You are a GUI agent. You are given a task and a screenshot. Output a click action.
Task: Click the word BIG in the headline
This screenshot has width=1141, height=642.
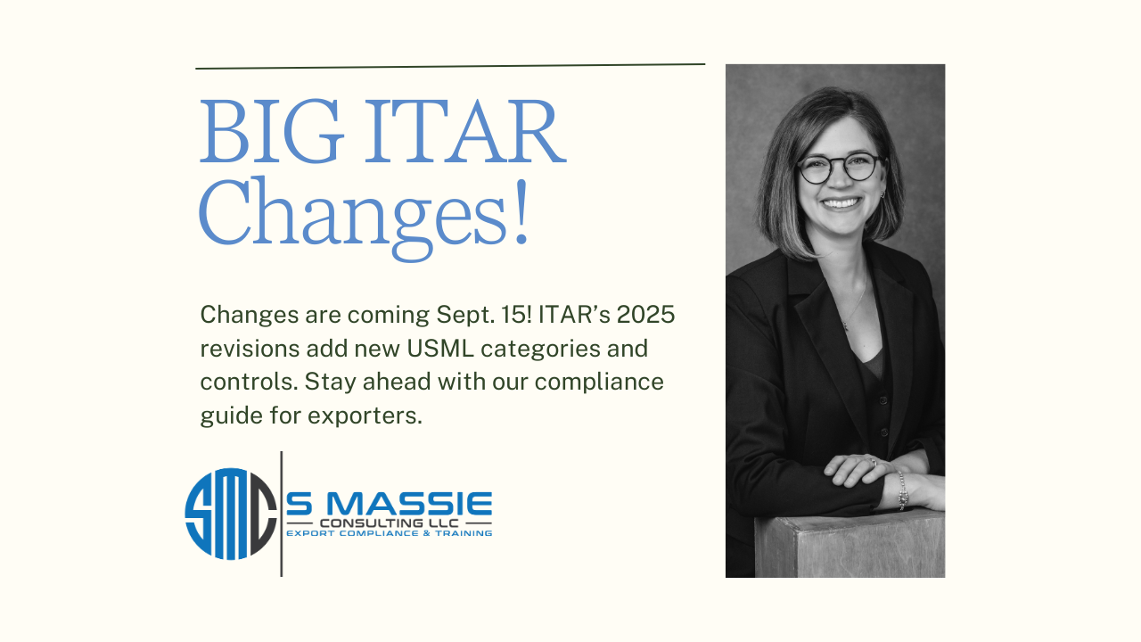pyautogui.click(x=272, y=131)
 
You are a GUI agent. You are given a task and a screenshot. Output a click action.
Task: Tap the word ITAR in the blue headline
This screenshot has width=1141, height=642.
pyautogui.click(x=465, y=131)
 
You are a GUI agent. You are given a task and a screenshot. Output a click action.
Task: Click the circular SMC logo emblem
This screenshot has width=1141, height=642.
pyautogui.click(x=231, y=514)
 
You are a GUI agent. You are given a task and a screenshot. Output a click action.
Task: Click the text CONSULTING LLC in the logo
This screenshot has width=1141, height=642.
pyautogui.click(x=390, y=523)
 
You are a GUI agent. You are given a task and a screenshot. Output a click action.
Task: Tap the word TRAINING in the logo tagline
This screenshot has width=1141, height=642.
pyautogui.click(x=464, y=533)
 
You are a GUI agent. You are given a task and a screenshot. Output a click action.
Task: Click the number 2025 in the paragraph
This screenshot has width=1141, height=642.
pyautogui.click(x=645, y=315)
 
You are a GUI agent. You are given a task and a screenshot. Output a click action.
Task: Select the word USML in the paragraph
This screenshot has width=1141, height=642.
pyautogui.click(x=440, y=349)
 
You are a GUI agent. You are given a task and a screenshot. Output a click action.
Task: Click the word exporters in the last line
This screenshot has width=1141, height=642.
pyautogui.click(x=365, y=416)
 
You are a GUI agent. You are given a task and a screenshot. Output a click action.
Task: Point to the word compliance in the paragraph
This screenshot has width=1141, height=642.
pyautogui.click(x=599, y=383)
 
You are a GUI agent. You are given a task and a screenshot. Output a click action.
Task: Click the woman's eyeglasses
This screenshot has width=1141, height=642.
pyautogui.click(x=840, y=169)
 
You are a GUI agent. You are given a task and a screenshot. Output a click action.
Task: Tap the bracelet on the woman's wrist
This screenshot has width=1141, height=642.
pyautogui.click(x=902, y=490)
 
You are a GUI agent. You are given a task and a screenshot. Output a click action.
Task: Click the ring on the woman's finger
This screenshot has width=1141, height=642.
pyautogui.click(x=873, y=463)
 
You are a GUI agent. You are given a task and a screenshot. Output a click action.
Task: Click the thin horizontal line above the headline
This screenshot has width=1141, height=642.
pyautogui.click(x=450, y=66)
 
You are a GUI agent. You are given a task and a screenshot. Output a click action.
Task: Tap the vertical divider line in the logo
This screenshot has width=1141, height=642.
pyautogui.click(x=281, y=514)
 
